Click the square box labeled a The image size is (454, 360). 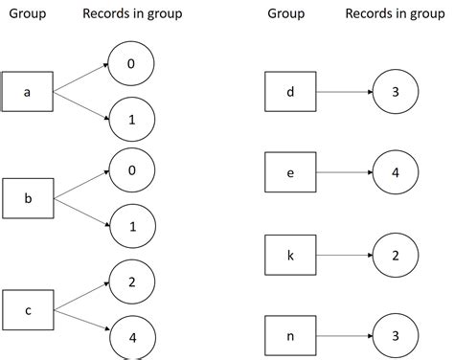point(27,93)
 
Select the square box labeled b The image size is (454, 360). point(27,199)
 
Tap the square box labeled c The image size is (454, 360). point(27,309)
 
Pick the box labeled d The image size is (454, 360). point(290,93)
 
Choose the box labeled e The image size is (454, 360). point(290,175)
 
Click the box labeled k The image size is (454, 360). point(290,257)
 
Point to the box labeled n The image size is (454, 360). point(290,336)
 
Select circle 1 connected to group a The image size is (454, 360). point(130,121)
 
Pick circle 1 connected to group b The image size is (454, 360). point(130,228)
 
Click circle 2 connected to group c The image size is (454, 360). point(130,280)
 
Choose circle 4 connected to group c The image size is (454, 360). point(130,336)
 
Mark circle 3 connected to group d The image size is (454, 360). point(396,93)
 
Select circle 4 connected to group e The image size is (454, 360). point(396,175)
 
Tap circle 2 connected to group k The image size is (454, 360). point(396,257)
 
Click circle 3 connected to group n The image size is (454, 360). point(396,336)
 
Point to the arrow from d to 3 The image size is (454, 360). point(345,93)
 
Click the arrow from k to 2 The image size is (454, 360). point(345,257)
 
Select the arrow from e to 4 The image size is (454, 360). point(345,175)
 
